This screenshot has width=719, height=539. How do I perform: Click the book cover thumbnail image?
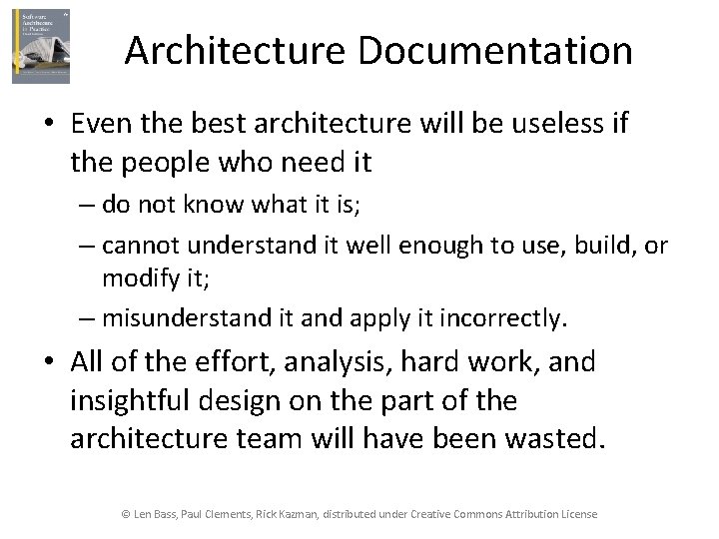click(x=41, y=46)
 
